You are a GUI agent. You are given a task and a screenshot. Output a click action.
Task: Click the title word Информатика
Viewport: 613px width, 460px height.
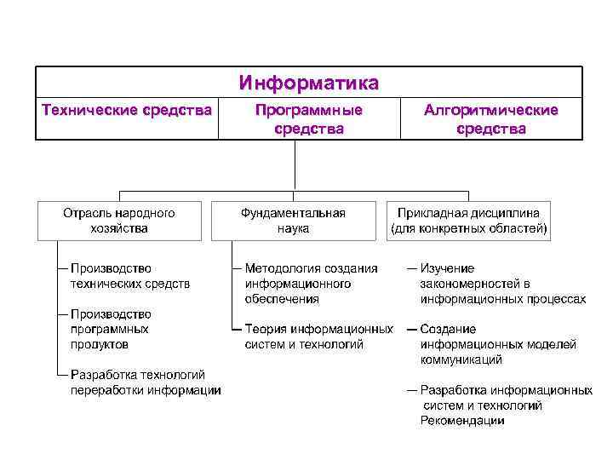[308, 83]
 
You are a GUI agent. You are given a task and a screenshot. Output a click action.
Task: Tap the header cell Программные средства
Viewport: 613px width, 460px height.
[308, 119]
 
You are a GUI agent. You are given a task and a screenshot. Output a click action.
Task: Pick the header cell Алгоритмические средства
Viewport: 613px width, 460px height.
[490, 119]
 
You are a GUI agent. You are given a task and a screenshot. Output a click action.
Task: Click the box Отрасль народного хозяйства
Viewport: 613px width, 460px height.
[118, 220]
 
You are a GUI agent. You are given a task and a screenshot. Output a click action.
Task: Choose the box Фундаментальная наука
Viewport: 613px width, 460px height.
[293, 220]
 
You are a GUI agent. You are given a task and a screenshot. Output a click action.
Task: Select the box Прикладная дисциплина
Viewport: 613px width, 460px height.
[468, 220]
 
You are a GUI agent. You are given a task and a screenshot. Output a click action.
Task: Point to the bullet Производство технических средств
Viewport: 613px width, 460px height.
[129, 276]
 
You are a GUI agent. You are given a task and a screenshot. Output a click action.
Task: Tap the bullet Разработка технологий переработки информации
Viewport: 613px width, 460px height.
[145, 382]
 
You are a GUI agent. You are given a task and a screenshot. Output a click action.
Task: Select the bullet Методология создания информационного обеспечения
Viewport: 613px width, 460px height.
[310, 284]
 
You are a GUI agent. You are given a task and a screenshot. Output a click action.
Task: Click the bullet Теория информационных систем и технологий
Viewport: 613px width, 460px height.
[318, 336]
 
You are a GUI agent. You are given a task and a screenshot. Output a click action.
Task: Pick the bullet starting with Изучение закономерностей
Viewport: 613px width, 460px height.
[502, 284]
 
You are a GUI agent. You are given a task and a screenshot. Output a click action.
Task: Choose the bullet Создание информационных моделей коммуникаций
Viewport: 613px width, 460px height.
[498, 344]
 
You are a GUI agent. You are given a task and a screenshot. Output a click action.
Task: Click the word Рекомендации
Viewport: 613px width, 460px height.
[461, 420]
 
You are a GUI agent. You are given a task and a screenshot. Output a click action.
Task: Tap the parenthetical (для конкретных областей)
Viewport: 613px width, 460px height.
[468, 228]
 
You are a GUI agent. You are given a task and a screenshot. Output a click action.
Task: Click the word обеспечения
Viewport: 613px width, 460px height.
[281, 299]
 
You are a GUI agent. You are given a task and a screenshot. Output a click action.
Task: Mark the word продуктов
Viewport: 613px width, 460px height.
[100, 344]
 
